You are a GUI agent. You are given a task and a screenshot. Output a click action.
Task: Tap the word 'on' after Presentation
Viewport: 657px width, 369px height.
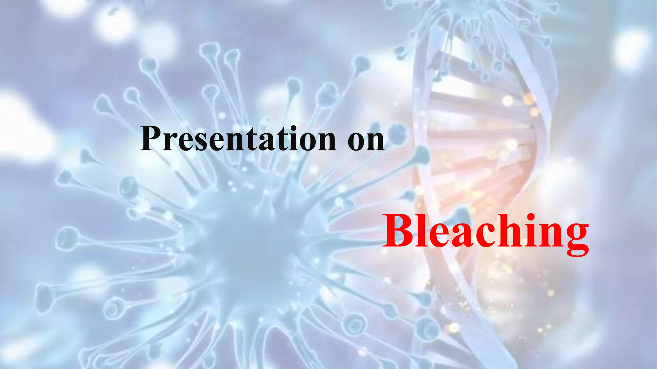(366, 139)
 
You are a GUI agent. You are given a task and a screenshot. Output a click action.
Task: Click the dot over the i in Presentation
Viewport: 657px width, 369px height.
(290, 128)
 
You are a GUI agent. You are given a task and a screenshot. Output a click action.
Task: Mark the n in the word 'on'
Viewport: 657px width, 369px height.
(375, 143)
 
